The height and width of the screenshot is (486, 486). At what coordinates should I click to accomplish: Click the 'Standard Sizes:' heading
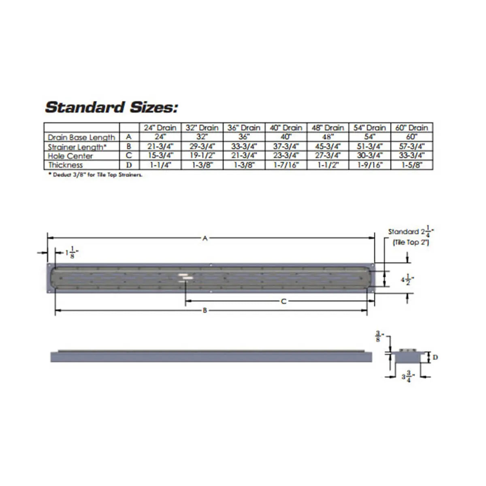[x=111, y=107]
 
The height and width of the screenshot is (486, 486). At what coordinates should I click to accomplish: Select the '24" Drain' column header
[x=160, y=128]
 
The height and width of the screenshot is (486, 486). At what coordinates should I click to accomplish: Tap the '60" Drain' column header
[x=411, y=128]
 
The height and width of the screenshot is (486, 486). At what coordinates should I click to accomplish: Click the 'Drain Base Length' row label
[x=81, y=137]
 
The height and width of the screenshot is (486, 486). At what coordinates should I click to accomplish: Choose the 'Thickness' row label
[x=66, y=165]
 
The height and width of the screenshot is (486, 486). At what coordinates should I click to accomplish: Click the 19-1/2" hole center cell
[x=202, y=156]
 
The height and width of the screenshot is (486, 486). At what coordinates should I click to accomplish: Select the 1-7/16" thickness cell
[x=286, y=165]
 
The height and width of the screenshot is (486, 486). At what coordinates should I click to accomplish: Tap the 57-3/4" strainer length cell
[x=411, y=147]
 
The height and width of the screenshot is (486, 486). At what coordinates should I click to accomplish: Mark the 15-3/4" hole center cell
[x=160, y=156]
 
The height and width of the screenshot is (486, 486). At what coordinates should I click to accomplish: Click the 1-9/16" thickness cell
[x=370, y=165]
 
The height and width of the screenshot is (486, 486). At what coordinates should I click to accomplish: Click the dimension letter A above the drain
[x=205, y=239]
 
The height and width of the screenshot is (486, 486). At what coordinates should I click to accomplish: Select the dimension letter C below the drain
[x=283, y=301]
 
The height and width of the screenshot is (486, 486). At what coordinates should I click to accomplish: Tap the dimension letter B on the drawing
[x=205, y=311]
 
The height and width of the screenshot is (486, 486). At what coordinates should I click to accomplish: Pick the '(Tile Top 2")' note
[x=411, y=242]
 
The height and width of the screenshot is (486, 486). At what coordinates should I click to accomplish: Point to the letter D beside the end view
[x=435, y=357]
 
